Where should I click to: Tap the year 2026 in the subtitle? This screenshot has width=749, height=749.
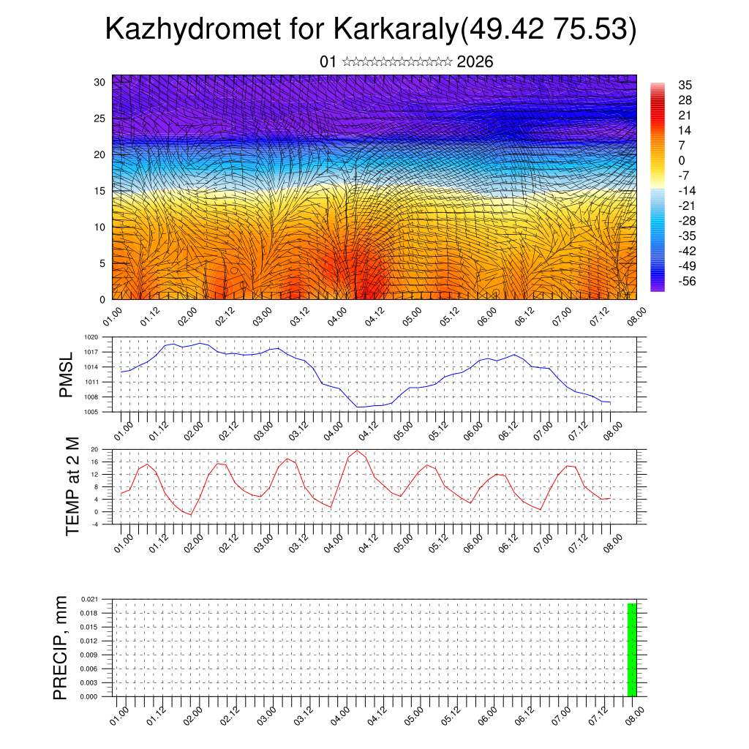[475, 62]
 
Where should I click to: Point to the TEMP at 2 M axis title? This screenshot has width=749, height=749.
[72, 486]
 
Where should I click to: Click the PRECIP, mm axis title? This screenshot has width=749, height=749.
[61, 647]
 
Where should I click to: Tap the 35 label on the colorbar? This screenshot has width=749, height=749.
[685, 85]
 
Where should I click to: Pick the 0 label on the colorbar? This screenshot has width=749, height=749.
[682, 160]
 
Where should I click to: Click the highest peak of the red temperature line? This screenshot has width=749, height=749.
[357, 451]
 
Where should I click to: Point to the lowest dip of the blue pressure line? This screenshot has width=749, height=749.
[358, 407]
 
